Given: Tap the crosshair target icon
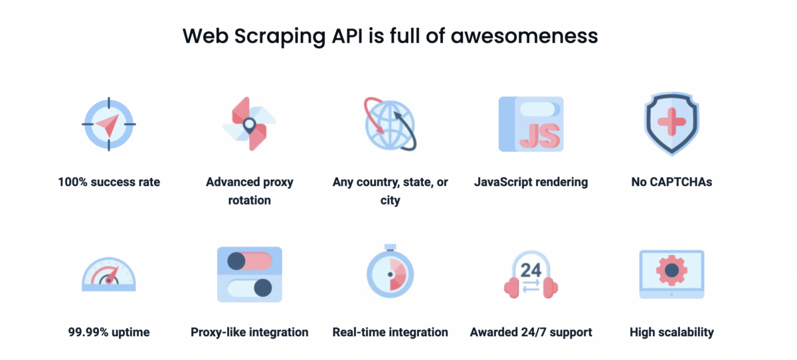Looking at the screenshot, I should (108, 124).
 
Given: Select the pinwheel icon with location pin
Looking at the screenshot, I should (249, 124).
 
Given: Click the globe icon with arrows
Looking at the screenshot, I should (390, 124).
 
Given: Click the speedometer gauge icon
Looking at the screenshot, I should (108, 274).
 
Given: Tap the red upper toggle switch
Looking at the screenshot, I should (249, 261).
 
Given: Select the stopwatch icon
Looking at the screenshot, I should (390, 274).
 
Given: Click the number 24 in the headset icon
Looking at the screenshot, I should (531, 270).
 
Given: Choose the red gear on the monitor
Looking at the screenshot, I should (671, 270).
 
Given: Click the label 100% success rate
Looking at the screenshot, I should (109, 181).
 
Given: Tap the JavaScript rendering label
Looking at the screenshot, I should (531, 181).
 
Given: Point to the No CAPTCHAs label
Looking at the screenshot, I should (671, 181).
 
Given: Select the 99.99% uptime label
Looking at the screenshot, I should (108, 332).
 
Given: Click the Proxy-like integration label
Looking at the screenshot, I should (249, 332).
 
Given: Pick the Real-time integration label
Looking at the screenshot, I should (390, 332).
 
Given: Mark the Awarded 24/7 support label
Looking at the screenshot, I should (531, 332).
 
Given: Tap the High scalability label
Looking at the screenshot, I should (671, 332).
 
